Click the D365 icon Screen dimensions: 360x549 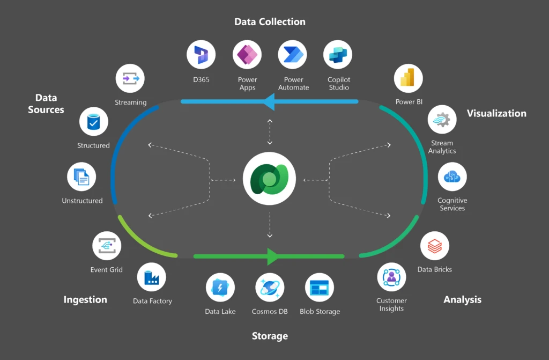(x=201, y=55)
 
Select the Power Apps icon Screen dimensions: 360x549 (x=247, y=55)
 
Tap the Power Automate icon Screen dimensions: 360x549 (x=293, y=55)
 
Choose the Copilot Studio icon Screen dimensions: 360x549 (x=338, y=55)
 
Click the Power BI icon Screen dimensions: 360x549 (x=409, y=78)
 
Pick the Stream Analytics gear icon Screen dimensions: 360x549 (x=442, y=119)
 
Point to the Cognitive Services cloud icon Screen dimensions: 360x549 (x=452, y=177)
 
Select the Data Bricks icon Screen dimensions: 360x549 (x=434, y=246)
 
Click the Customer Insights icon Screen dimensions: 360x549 (x=391, y=277)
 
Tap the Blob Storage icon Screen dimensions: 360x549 (x=320, y=288)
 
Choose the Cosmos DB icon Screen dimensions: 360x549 (x=270, y=288)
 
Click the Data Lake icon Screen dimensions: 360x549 (x=220, y=288)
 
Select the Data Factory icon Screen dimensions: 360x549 (x=152, y=277)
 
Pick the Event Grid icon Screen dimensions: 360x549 (x=107, y=246)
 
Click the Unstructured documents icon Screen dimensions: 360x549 (x=82, y=177)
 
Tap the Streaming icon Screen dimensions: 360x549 (x=130, y=78)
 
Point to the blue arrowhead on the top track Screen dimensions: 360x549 (x=269, y=101)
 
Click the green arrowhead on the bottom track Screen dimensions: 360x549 (x=272, y=256)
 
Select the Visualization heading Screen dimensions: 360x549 (x=496, y=113)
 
